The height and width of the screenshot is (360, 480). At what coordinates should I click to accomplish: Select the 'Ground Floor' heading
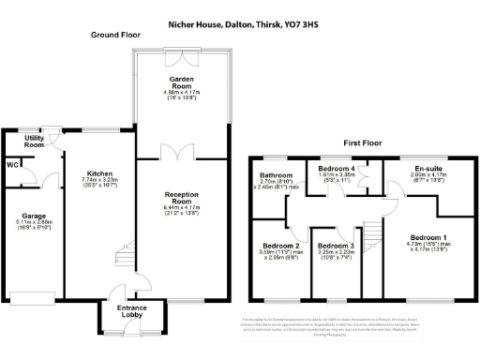(115, 35)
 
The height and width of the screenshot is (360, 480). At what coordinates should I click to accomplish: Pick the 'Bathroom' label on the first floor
(277, 174)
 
